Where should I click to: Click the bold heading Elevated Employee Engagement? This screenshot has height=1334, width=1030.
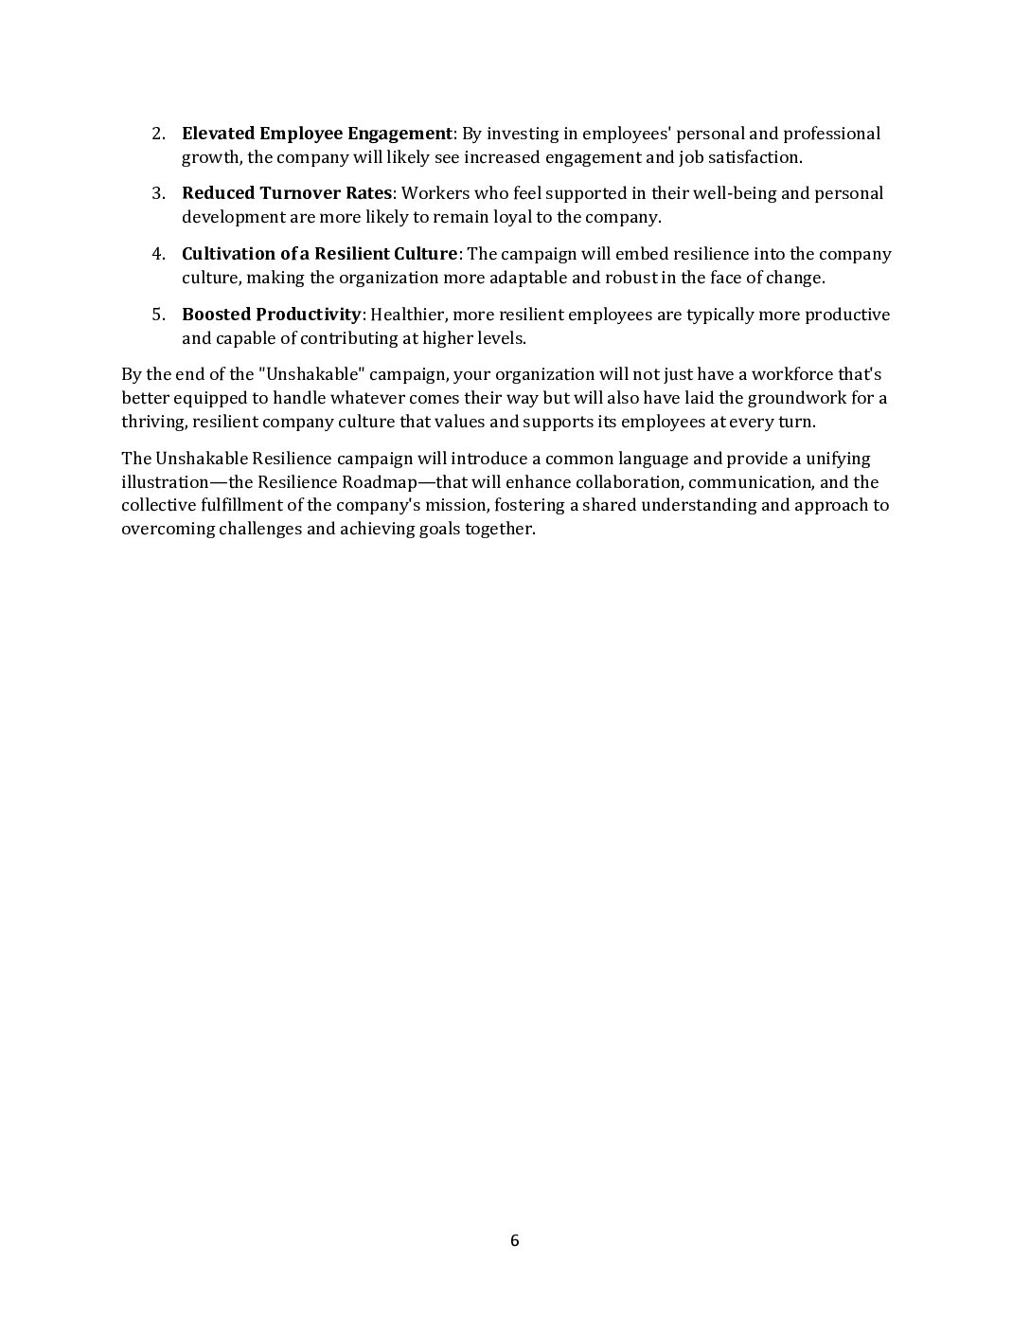(316, 134)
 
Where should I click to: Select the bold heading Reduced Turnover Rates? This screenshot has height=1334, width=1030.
(286, 193)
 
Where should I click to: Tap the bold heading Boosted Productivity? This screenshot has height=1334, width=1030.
(271, 315)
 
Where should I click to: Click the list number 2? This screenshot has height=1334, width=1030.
(158, 134)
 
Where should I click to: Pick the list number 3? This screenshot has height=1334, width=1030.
(158, 193)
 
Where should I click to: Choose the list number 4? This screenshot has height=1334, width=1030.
(158, 254)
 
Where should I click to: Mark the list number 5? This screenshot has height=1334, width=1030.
(158, 315)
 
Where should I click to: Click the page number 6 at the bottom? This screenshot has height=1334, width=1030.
(514, 1241)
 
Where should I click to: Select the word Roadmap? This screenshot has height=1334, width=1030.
(379, 482)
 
